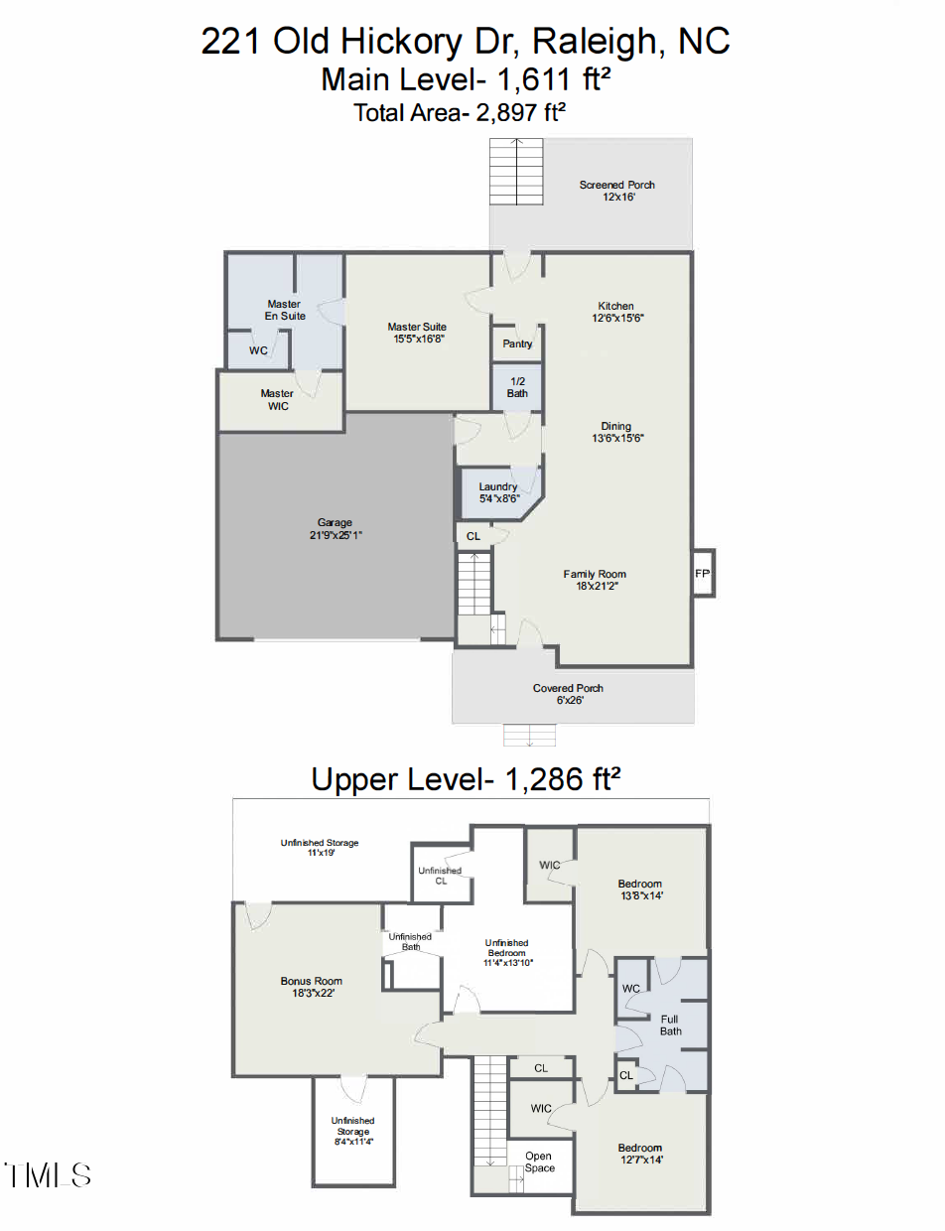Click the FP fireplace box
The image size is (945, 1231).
tap(702, 574)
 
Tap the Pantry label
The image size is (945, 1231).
tap(517, 343)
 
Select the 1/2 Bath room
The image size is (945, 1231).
tap(517, 387)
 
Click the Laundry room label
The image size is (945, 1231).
tap(498, 486)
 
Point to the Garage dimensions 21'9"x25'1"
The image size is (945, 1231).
tap(335, 535)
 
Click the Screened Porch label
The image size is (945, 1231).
tap(617, 185)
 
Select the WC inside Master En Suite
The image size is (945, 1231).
tap(258, 350)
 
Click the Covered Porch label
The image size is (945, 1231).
tap(568, 688)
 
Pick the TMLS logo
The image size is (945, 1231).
tap(48, 1175)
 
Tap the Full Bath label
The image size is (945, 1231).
tap(672, 1025)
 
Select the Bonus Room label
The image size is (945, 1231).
tap(311, 981)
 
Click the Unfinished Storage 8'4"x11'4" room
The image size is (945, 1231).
tap(352, 1131)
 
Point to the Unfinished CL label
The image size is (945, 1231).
tap(440, 875)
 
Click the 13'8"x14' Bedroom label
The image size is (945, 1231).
tap(639, 884)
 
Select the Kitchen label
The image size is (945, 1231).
tap(615, 306)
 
